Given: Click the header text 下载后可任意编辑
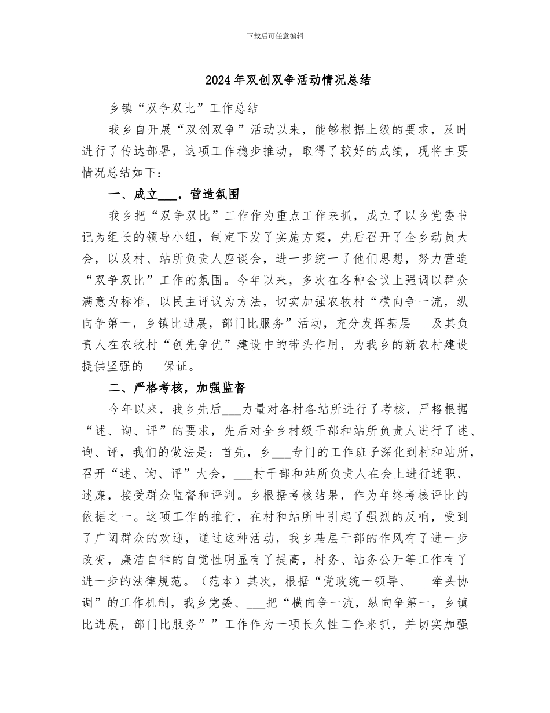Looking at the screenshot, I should click(275, 36).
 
